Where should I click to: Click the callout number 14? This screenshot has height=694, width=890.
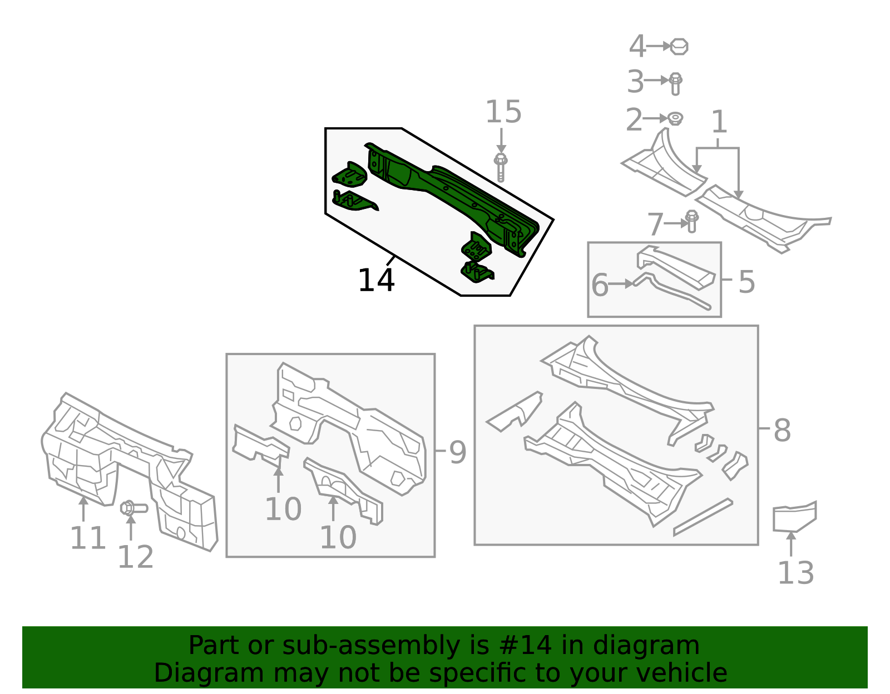pos(376,281)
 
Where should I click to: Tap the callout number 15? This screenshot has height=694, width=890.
pos(503,112)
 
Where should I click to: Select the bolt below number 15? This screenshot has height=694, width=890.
pos(501,167)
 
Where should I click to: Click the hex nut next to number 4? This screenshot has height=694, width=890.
pos(679,47)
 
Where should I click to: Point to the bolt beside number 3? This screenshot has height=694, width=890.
pos(675,83)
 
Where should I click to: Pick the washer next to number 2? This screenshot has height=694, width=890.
pos(675,118)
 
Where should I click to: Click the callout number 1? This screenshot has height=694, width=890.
pos(719,122)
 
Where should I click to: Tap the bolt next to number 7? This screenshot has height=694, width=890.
pos(691,221)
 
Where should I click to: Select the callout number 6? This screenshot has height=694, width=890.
pos(600,285)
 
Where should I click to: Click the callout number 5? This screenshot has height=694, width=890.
pos(746,282)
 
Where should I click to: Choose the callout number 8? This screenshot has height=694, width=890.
pos(782,430)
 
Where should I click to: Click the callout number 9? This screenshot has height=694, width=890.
pos(457,452)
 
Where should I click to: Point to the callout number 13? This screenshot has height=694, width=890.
pos(795,573)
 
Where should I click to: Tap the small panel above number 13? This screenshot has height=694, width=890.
pos(794,517)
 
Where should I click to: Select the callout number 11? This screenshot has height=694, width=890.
pos(87,538)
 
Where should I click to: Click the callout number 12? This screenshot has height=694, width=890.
pos(135,557)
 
